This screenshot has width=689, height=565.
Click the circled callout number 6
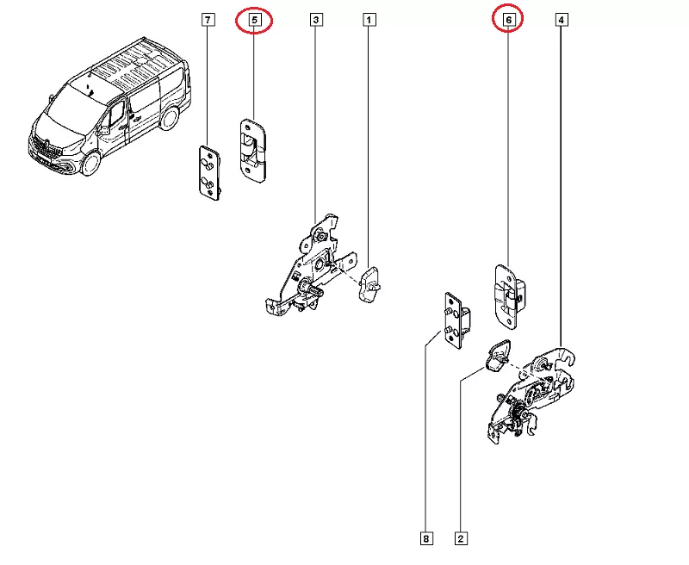(x=509, y=18)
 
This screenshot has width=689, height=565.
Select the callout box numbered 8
(x=425, y=539)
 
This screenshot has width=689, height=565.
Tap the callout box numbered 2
(x=461, y=539)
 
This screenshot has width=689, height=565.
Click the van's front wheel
(x=93, y=163)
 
